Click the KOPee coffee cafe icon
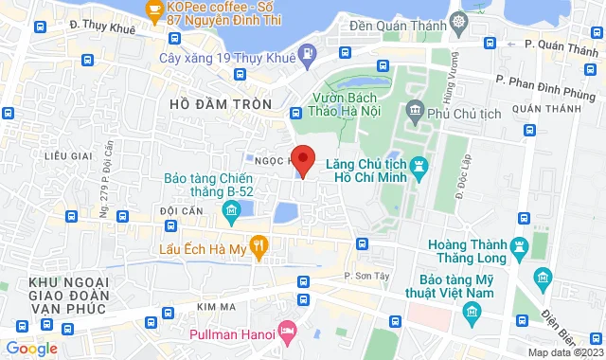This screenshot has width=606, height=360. (x=154, y=9)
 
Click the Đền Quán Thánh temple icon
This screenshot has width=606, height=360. (x=459, y=21)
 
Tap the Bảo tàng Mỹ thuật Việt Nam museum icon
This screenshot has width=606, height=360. (x=542, y=278)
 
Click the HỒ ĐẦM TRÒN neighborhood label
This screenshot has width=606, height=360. (x=221, y=102)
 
